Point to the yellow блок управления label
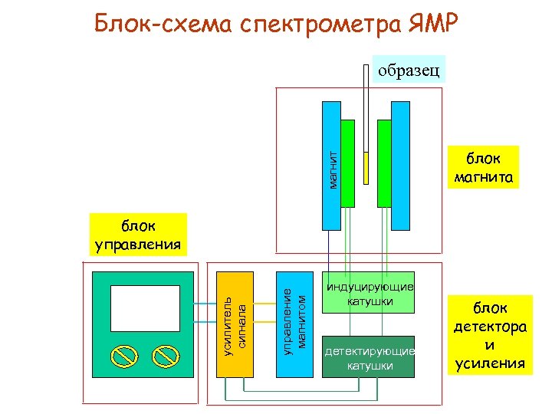point(138,235)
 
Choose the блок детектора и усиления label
point(490,335)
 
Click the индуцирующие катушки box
point(369,293)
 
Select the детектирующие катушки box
point(369,357)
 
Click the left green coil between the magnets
point(348,163)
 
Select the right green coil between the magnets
point(384,163)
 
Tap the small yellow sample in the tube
point(366,168)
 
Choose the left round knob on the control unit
point(123,355)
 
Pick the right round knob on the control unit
point(165,355)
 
